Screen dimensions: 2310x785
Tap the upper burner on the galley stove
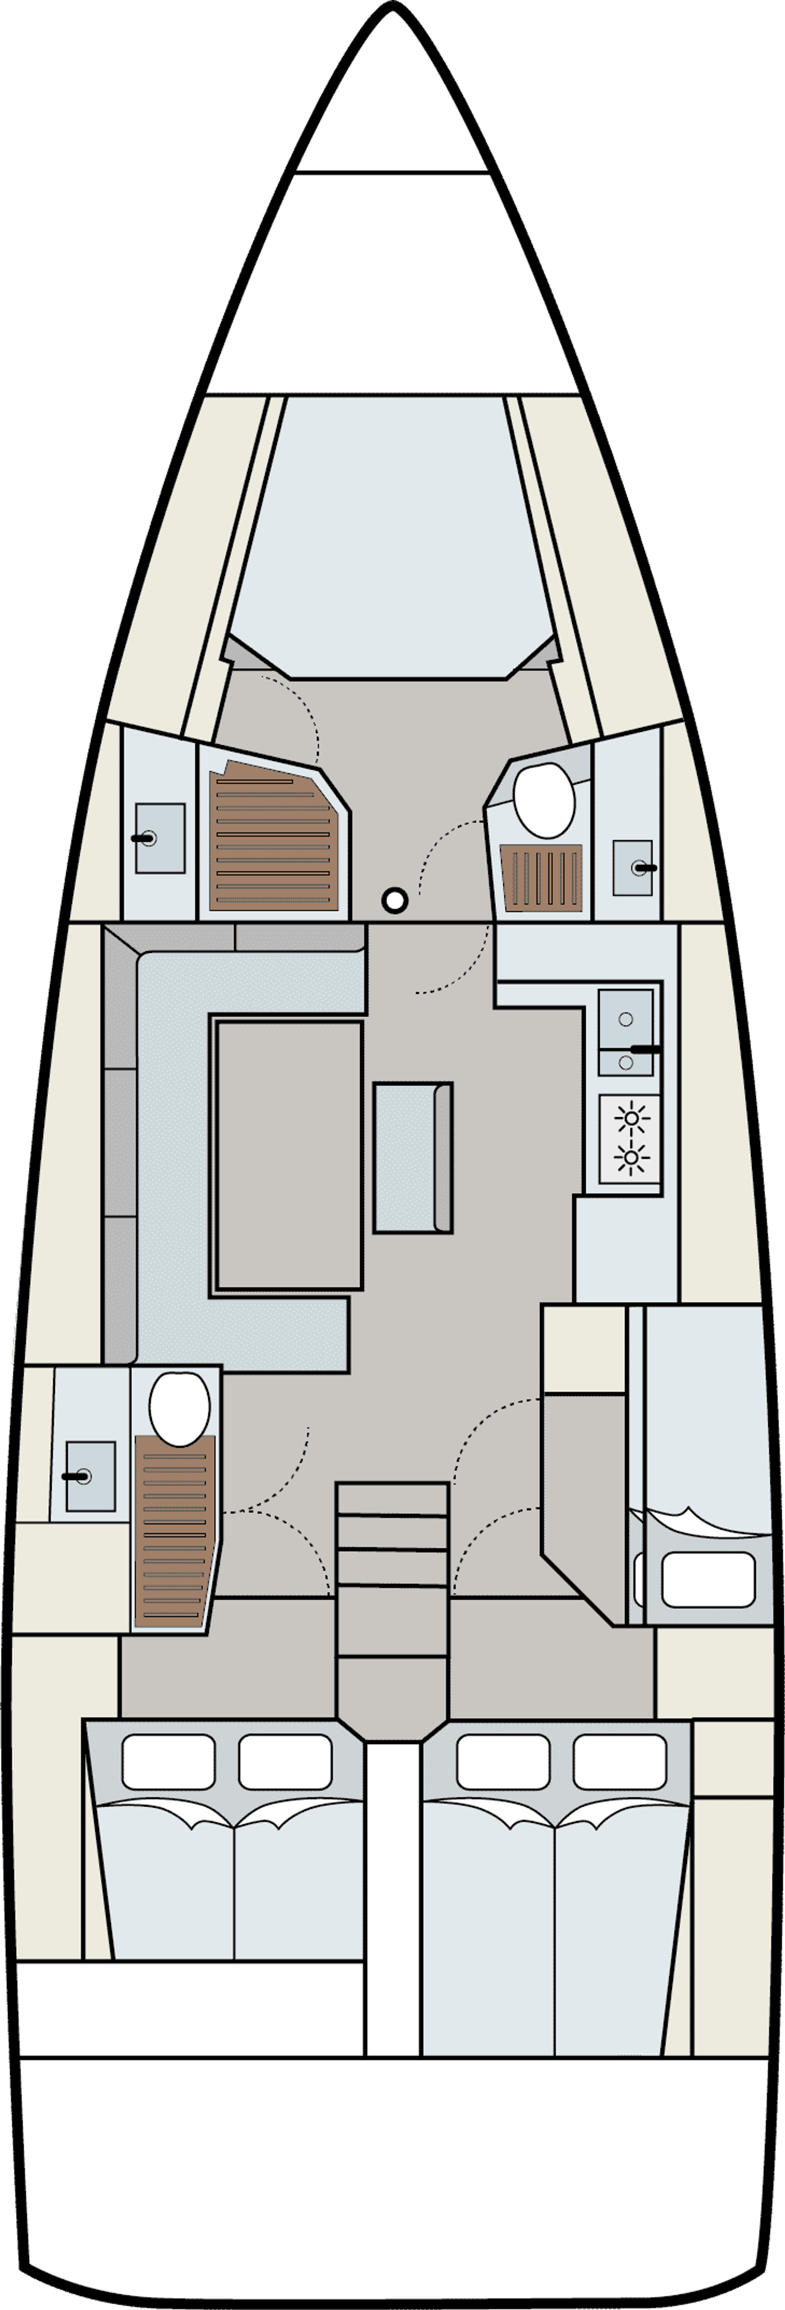point(632,1118)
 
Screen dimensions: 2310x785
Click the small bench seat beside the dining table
point(412,1157)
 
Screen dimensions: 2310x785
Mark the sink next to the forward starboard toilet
point(632,867)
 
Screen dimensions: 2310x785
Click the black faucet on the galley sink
point(645,1048)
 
